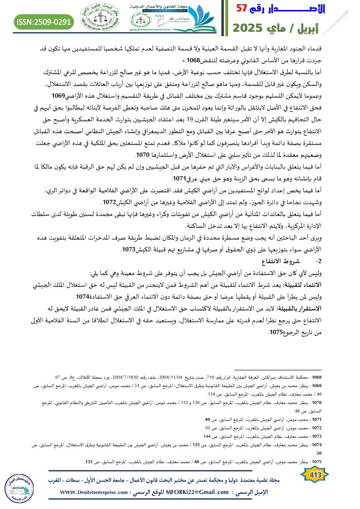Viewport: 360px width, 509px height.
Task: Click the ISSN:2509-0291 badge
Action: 44,21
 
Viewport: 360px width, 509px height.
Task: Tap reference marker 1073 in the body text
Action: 129,250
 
